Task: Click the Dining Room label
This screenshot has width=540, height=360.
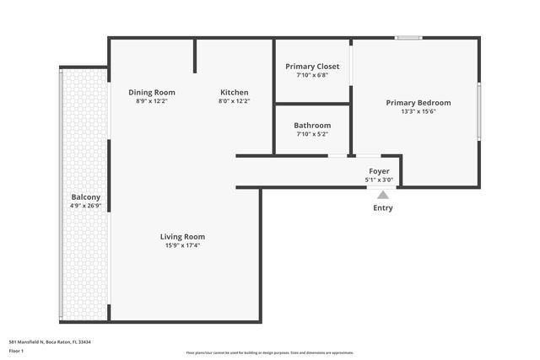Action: click(152, 92)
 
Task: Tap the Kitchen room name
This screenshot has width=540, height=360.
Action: click(234, 92)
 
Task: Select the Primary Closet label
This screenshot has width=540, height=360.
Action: click(312, 66)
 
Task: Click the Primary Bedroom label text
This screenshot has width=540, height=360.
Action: click(418, 103)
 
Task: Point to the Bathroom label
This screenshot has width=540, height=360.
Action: click(312, 125)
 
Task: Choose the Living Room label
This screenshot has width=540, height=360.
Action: click(183, 237)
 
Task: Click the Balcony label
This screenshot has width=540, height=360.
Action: click(86, 196)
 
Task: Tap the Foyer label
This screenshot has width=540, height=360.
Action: click(379, 171)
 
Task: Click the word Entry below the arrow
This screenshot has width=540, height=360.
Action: click(382, 207)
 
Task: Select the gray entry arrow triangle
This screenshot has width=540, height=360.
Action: click(382, 195)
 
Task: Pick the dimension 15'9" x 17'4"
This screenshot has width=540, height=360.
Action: click(183, 246)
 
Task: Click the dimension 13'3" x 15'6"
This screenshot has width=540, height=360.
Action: click(418, 112)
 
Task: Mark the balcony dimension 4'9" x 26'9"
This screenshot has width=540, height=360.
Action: click(86, 205)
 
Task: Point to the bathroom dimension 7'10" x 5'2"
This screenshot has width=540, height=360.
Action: click(312, 134)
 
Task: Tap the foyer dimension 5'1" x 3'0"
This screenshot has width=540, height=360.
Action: click(379, 180)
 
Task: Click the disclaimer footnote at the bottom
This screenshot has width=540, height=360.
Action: click(270, 352)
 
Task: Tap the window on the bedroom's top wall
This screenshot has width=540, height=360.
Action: click(409, 37)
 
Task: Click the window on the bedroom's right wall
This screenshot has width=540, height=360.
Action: click(478, 110)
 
